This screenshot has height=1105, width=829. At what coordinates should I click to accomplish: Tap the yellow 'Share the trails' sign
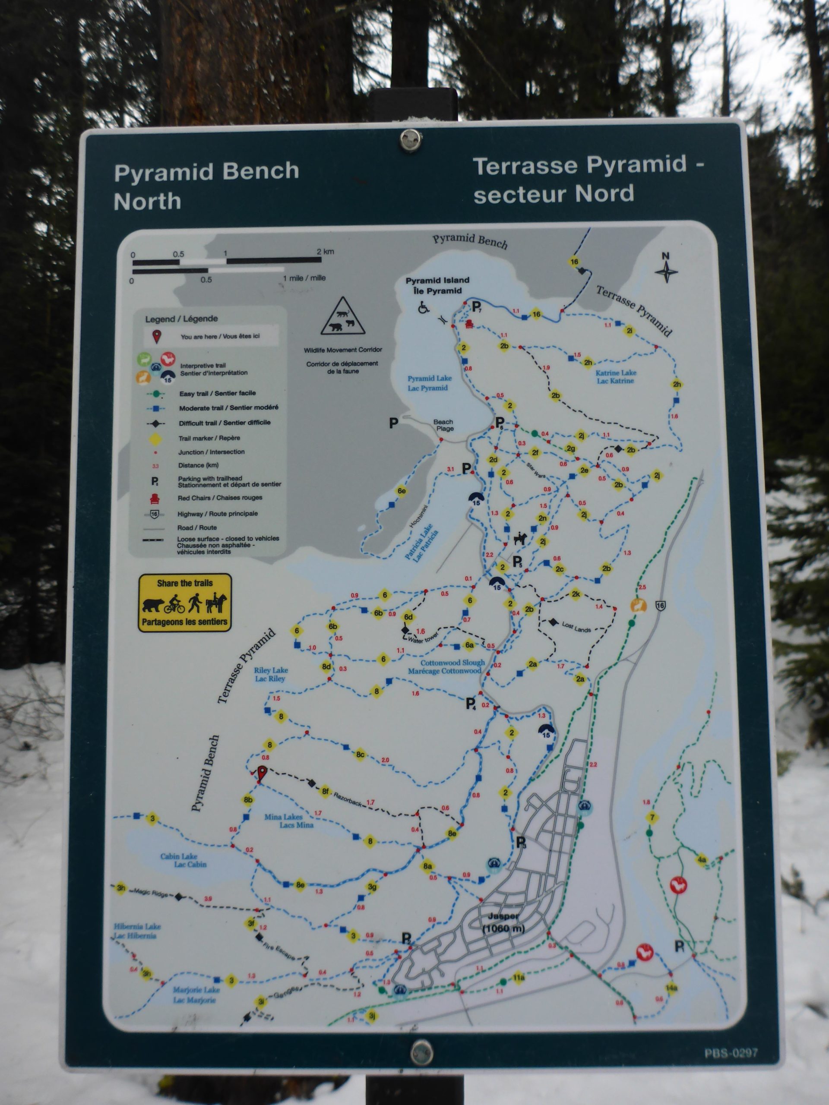(185, 603)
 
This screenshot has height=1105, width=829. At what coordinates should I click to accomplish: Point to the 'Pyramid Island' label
(437, 285)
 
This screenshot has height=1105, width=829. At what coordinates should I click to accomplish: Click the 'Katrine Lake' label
(616, 376)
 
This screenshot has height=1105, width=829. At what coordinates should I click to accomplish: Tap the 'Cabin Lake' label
(184, 860)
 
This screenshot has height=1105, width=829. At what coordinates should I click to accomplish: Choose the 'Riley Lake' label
(271, 674)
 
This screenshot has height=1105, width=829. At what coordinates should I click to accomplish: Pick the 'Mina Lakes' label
(290, 821)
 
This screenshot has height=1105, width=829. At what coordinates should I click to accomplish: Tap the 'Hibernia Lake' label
(137, 931)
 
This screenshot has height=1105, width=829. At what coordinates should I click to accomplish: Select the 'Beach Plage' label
(443, 425)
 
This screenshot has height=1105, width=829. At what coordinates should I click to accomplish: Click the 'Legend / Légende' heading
(181, 319)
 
